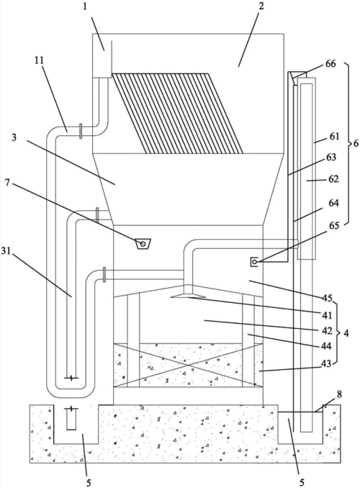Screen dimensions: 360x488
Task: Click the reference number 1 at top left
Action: click(85, 6)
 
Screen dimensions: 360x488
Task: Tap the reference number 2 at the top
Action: click(261, 6)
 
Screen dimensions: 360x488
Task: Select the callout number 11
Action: click(39, 60)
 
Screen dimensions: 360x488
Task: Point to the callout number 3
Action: click(14, 137)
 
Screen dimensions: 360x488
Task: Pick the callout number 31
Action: click(6, 251)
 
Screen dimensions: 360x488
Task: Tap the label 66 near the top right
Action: click(330, 64)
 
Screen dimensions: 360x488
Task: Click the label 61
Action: click(334, 136)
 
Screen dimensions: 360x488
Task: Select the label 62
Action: click(333, 179)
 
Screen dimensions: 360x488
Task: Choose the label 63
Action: click(330, 157)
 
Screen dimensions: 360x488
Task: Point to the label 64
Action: click(333, 203)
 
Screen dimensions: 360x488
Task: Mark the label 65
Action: click(334, 225)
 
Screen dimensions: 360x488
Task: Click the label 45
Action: click(327, 297)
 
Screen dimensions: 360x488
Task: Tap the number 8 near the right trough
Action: click(339, 394)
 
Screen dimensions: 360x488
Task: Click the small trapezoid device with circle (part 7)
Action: click(143, 244)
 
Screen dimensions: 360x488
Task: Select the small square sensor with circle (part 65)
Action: click(254, 262)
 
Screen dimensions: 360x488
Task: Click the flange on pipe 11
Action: click(81, 131)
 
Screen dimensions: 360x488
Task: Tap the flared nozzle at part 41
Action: click(188, 296)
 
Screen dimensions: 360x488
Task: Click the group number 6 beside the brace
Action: click(356, 145)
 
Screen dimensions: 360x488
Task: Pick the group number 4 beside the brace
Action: click(346, 333)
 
